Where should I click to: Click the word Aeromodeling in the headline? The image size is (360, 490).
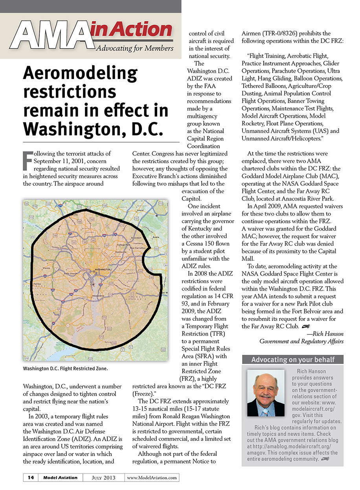pyautogui.click(x=81, y=74)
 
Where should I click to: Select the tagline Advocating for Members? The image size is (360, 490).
pyautogui.click(x=135, y=48)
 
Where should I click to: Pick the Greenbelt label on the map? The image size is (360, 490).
pyautogui.click(x=136, y=238)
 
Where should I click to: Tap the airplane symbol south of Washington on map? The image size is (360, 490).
pyautogui.click(x=93, y=284)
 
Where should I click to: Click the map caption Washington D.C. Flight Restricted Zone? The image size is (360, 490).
pyautogui.click(x=65, y=369)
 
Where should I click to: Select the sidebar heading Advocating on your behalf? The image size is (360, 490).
pyautogui.click(x=293, y=359)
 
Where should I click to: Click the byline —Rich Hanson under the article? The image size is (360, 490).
pyautogui.click(x=325, y=334)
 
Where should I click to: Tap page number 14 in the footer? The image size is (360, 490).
pyautogui.click(x=31, y=478)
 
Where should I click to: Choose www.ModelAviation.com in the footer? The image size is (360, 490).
pyautogui.click(x=152, y=478)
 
